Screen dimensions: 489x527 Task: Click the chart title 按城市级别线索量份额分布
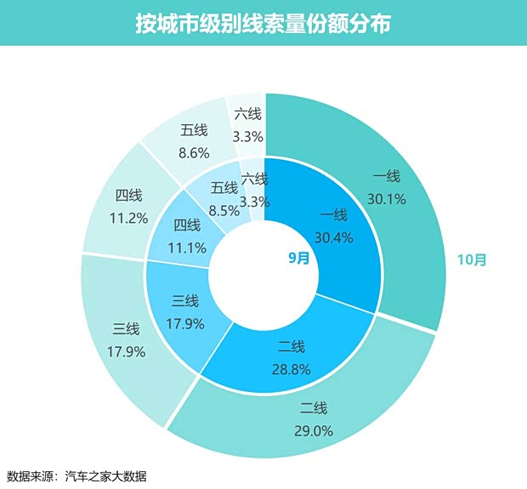point(263,23)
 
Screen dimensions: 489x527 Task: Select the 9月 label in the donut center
point(298,259)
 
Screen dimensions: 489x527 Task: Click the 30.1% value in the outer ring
point(386,199)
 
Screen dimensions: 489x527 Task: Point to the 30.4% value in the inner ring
point(332,237)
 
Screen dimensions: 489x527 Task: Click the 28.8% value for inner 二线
point(290,370)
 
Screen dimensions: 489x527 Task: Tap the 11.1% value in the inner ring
point(187,247)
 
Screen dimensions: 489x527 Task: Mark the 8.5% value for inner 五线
point(224,208)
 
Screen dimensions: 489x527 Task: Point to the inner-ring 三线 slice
point(183,315)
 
